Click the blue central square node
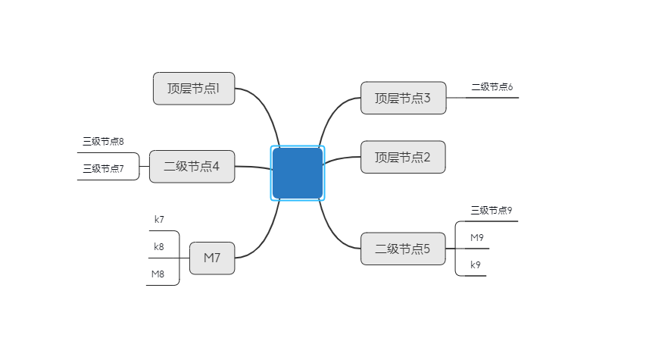[x=298, y=173]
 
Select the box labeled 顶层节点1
[x=194, y=88]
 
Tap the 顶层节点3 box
[x=403, y=98]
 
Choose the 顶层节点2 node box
[x=403, y=157]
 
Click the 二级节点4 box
[x=192, y=166]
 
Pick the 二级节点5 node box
[x=403, y=248]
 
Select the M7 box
[x=212, y=258]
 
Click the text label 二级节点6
[x=492, y=87]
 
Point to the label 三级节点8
[x=103, y=141]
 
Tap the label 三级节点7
[x=103, y=168]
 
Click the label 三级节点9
[x=492, y=210]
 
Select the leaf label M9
[x=477, y=237]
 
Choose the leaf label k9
[x=476, y=265]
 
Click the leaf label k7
[x=159, y=219]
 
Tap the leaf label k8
[x=159, y=246]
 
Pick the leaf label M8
[x=158, y=274]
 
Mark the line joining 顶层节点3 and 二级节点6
[x=455, y=98]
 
